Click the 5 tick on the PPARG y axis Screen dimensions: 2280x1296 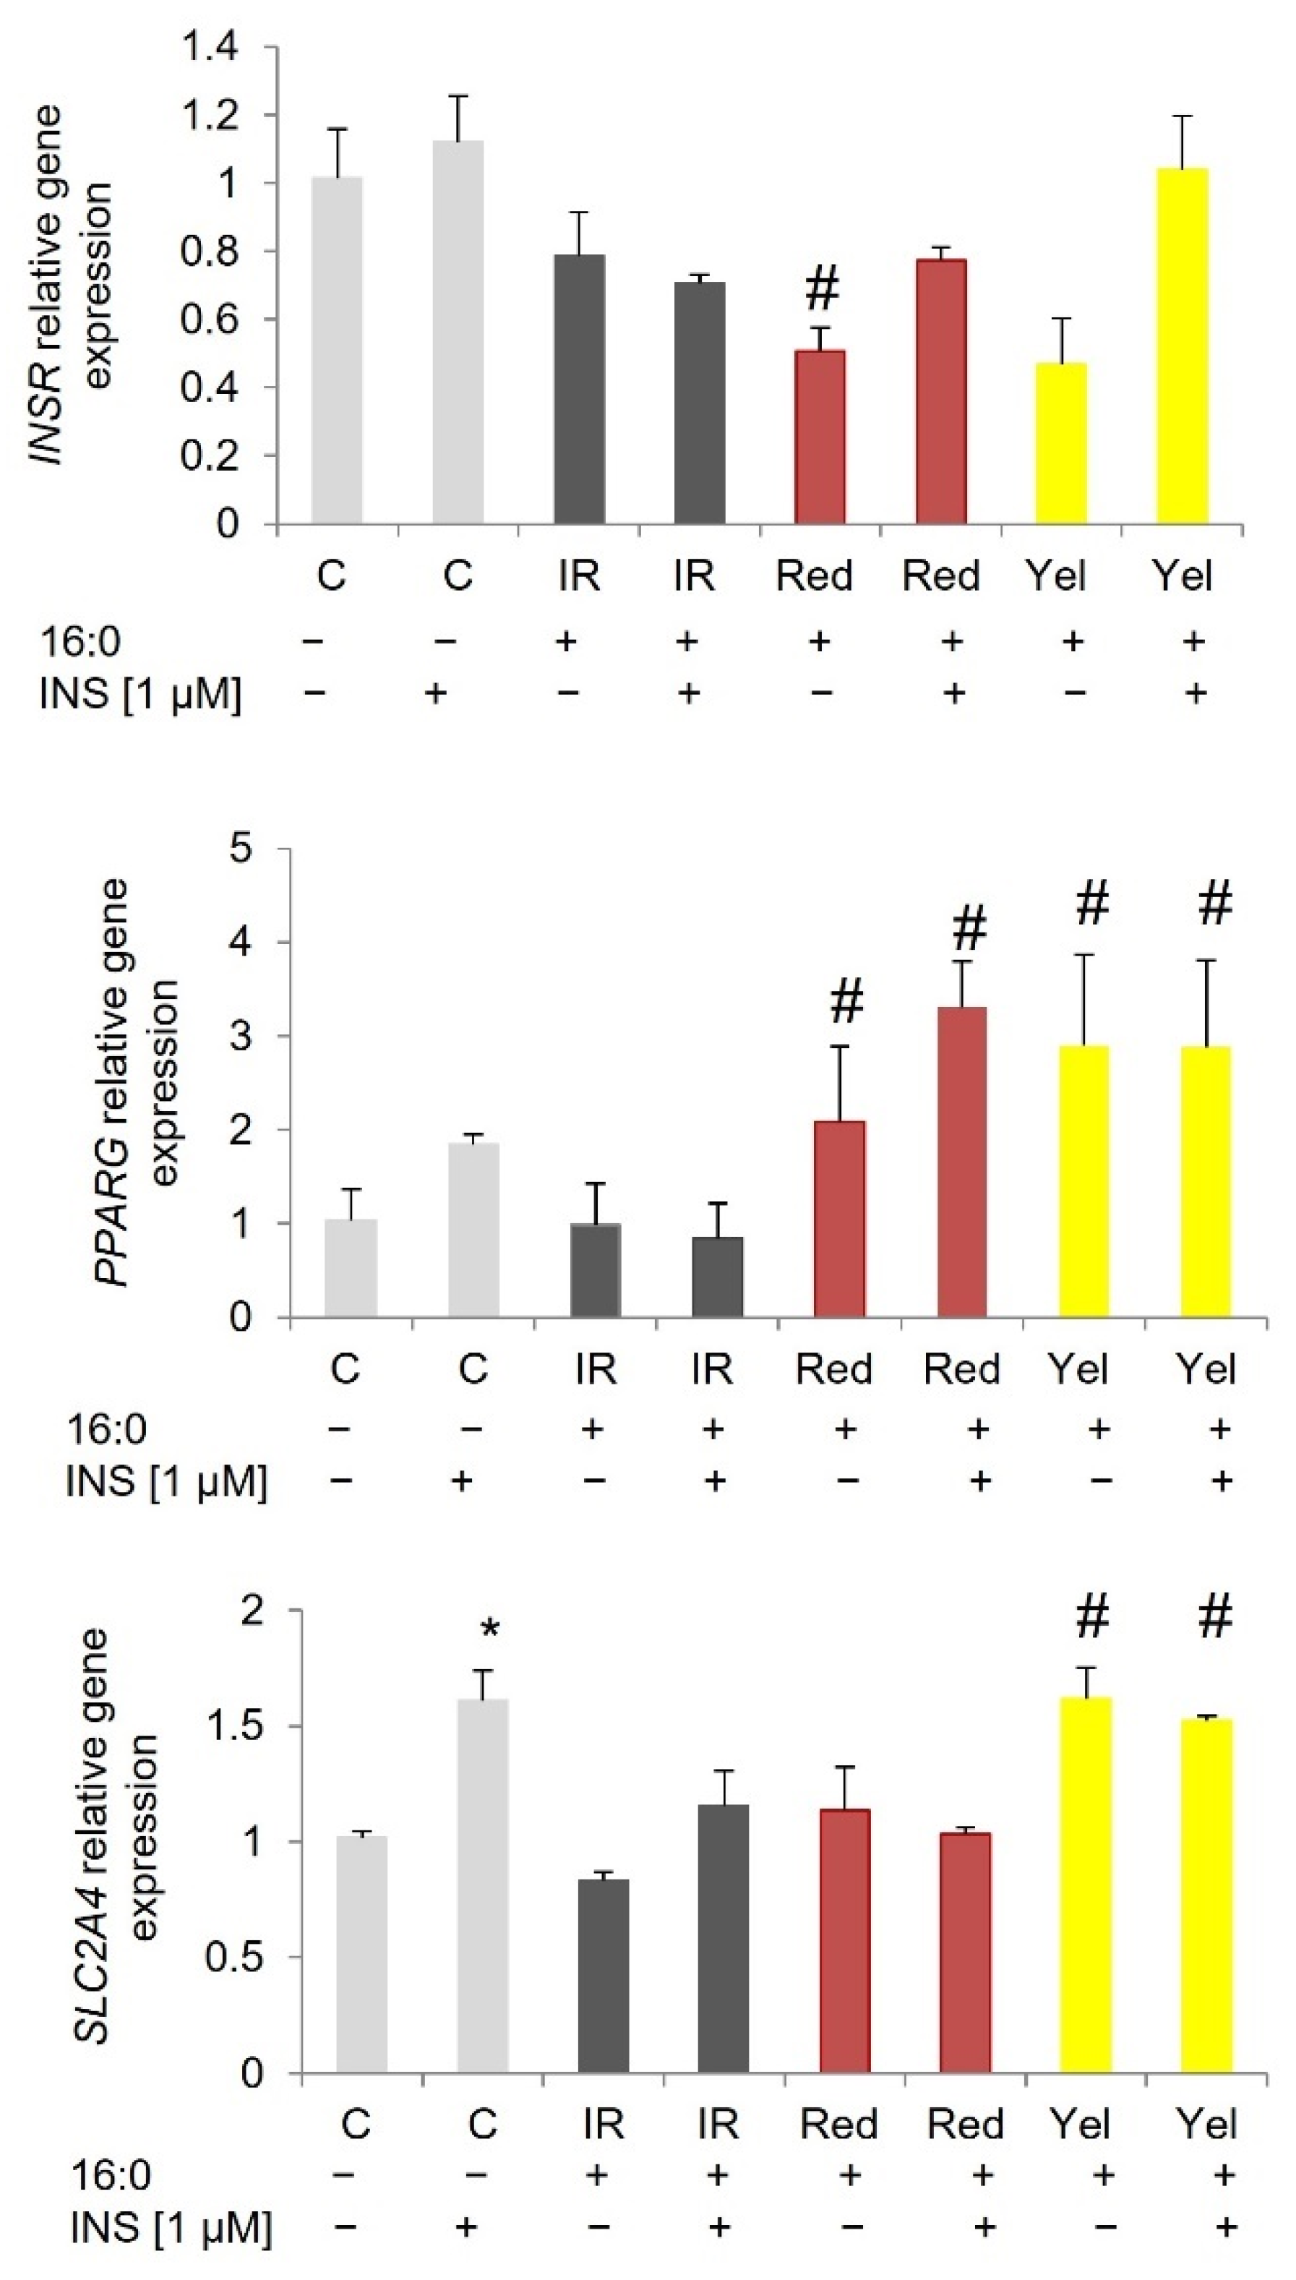pyautogui.click(x=241, y=848)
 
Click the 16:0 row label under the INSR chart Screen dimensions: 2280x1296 pyautogui.click(x=80, y=643)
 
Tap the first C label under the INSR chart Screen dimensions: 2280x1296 pyautogui.click(x=332, y=576)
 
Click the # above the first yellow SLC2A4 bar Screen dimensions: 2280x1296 pyautogui.click(x=1092, y=1615)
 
